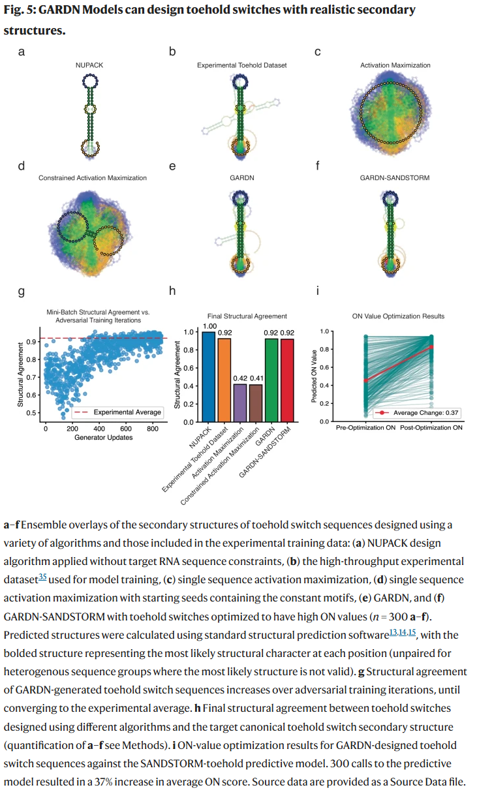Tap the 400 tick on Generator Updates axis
pos(99,429)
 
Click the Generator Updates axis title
pos(103,437)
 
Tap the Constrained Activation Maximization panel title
pos(93,177)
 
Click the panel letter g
pos(22,292)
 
